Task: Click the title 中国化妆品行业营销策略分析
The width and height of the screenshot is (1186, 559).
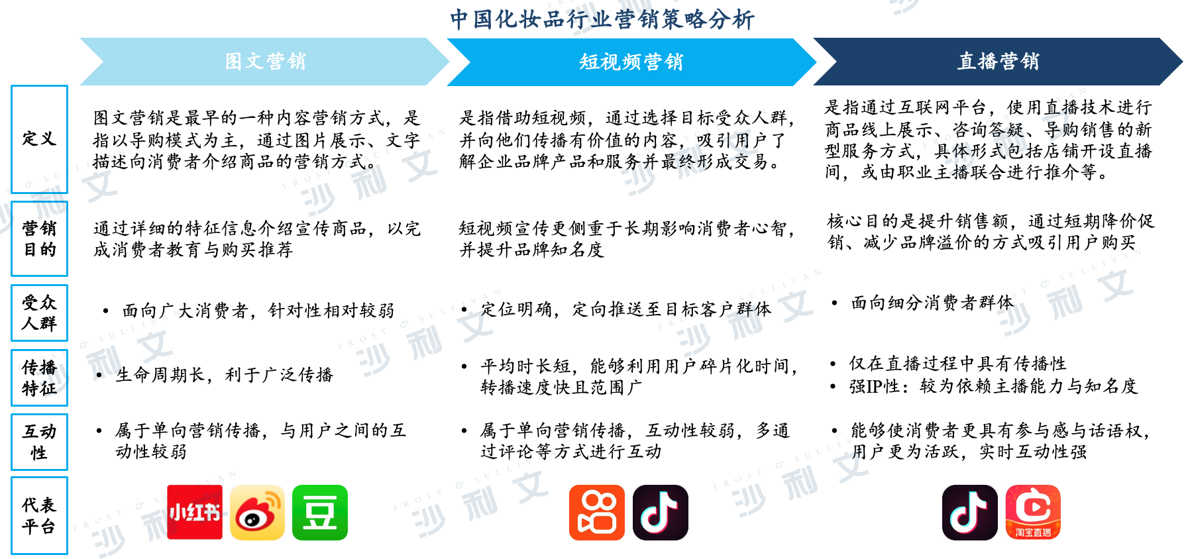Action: [602, 19]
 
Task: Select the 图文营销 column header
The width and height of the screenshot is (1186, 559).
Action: [265, 62]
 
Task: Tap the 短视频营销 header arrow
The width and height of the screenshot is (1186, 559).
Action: [631, 62]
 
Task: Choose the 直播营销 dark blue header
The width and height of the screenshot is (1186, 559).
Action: [998, 62]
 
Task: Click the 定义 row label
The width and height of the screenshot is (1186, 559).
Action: [39, 139]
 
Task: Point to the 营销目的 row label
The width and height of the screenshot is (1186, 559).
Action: [39, 238]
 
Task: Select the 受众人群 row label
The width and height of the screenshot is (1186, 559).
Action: [39, 313]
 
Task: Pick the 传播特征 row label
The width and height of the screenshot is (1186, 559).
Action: [39, 378]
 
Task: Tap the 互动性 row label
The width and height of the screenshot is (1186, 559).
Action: [39, 442]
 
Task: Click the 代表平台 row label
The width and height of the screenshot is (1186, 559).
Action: [39, 515]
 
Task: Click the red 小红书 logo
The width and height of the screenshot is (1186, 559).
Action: [195, 512]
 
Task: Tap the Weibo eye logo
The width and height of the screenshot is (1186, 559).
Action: [257, 512]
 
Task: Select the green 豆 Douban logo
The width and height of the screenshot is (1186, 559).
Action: [320, 512]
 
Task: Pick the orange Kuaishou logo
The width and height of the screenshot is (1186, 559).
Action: [597, 512]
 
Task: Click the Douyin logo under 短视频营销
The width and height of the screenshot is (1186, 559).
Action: [661, 512]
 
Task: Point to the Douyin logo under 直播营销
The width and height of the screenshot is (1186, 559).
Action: [970, 512]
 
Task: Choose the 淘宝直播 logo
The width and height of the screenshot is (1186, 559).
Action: [1033, 512]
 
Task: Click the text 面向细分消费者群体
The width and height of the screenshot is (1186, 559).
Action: [932, 303]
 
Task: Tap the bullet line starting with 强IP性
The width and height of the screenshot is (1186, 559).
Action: [985, 386]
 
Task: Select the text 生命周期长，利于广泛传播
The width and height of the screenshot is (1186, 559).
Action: [225, 375]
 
